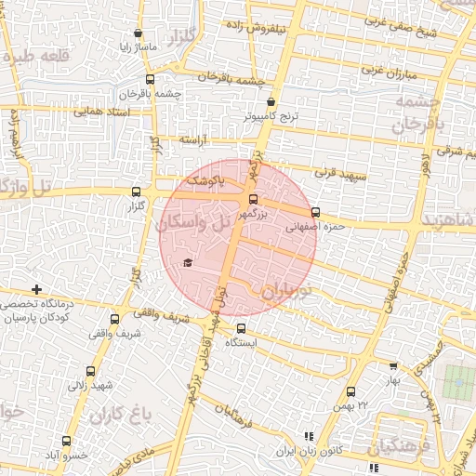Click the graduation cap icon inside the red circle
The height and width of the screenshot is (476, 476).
189,263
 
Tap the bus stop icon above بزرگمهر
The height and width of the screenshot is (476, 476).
254,199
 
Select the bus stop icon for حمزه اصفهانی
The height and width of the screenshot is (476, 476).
317,212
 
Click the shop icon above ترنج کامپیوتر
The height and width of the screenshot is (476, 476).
271,102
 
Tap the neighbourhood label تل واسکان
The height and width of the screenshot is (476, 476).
194,222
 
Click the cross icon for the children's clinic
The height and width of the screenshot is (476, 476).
36,291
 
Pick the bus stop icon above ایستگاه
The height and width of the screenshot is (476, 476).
242,328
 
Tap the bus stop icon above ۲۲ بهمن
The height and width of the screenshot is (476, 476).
350,392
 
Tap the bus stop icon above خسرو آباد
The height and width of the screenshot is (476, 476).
65,441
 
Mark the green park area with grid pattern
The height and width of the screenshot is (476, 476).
456,379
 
